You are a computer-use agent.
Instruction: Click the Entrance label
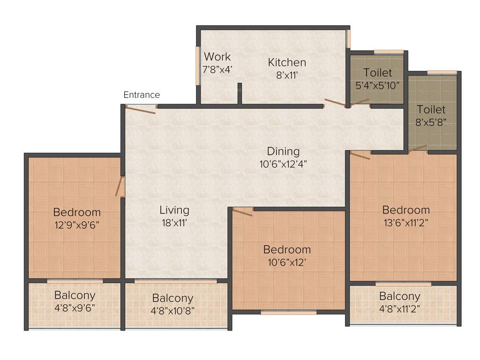point(142,95)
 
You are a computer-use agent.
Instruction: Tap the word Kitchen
point(287,62)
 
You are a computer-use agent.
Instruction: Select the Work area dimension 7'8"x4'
point(217,68)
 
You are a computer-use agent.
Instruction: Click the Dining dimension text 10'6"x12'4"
point(283,164)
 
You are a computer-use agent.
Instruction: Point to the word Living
point(174,210)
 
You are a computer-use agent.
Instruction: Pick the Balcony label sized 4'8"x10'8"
point(172,298)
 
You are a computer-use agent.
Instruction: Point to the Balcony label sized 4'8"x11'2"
point(399,296)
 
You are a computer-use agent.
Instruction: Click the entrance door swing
point(141,110)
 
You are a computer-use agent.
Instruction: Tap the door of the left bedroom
point(120,186)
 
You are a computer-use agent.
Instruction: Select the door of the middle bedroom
point(242,212)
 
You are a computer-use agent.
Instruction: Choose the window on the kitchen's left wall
point(198,66)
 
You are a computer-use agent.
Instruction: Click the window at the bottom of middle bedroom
point(288,312)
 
